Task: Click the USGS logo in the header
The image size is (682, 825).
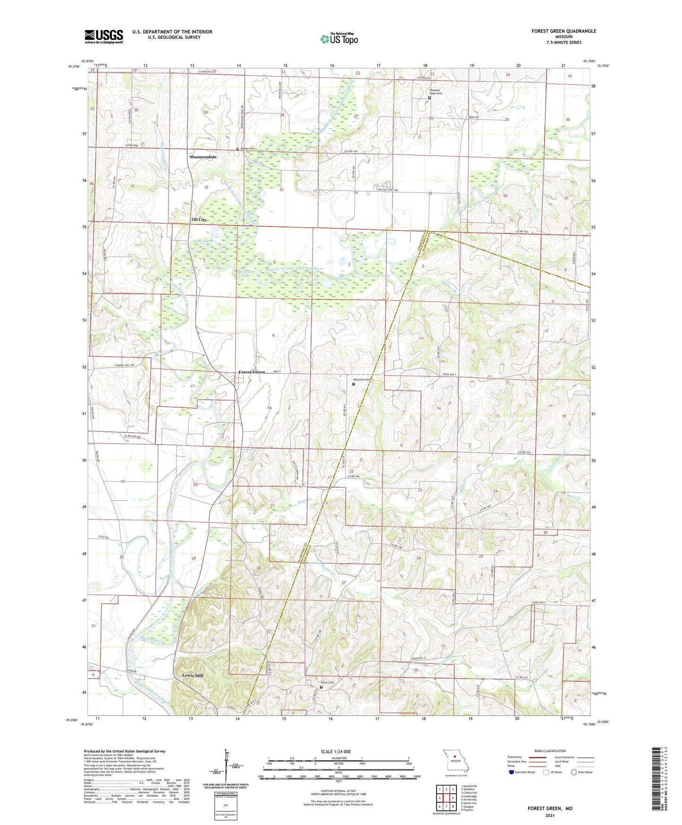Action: click(x=104, y=36)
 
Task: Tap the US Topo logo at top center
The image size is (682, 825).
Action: click(x=339, y=39)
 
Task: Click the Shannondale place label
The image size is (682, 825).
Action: click(x=203, y=157)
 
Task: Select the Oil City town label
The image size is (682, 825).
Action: click(x=199, y=220)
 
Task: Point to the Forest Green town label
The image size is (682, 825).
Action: click(x=252, y=372)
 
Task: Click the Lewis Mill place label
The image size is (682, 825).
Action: click(x=193, y=676)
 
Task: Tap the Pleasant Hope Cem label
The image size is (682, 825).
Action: click(x=435, y=92)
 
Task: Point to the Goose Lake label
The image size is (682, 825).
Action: click(x=338, y=279)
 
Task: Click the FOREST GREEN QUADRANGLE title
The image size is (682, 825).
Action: click(x=564, y=31)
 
